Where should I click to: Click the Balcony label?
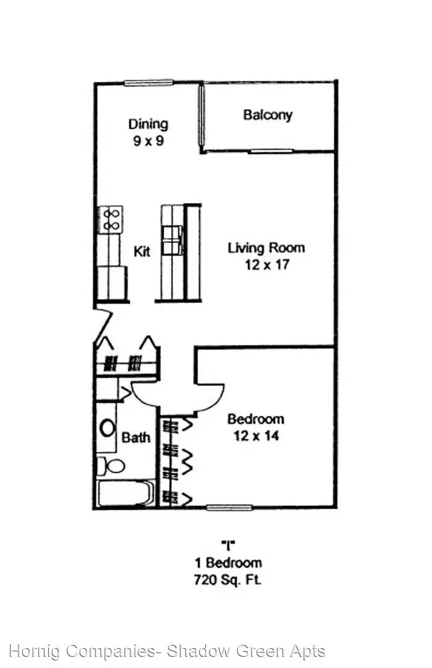pos(268,114)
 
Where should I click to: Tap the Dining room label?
pos(148,124)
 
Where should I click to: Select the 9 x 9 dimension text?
pos(148,140)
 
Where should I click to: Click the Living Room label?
pos(266,248)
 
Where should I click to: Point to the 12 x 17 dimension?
pos(267,265)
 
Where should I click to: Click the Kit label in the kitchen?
pos(142,251)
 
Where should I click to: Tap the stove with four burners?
pos(111,219)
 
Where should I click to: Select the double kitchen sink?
pos(172,240)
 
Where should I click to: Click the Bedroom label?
pos(256,419)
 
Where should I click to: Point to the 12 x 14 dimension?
pos(256,436)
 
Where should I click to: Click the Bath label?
pos(136,437)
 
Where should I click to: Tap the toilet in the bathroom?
pos(110,466)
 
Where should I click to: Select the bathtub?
pos(125,493)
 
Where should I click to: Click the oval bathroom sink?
pos(108,427)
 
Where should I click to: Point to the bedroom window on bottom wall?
pos(229,507)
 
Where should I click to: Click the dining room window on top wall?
pos(148,83)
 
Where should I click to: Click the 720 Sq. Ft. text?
pos(227,580)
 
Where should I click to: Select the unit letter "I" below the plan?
pos(228,545)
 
